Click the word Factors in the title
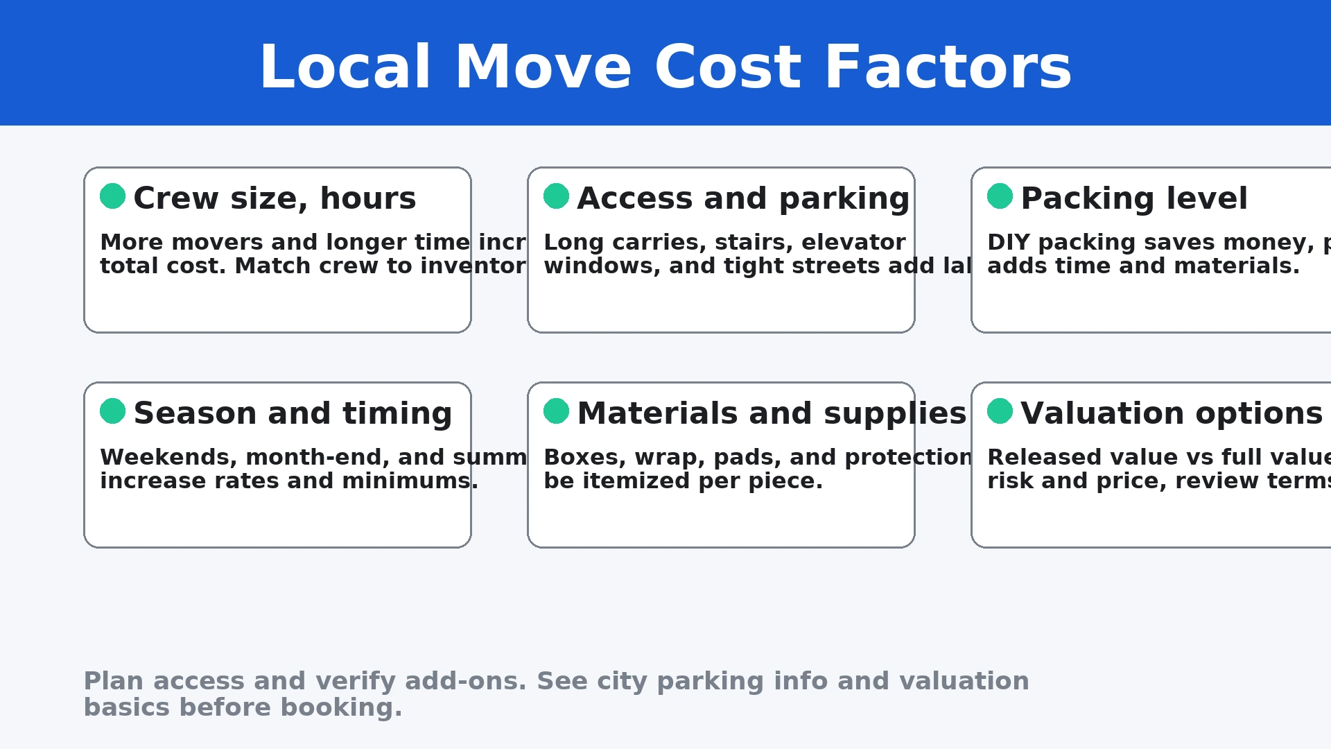pyautogui.click(x=948, y=68)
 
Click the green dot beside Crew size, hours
pyautogui.click(x=112, y=196)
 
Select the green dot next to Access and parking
pyautogui.click(x=556, y=196)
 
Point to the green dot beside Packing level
pyautogui.click(x=1000, y=196)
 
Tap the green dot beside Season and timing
pyautogui.click(x=112, y=411)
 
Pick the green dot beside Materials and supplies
pyautogui.click(x=556, y=411)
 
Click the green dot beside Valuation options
pyautogui.click(x=1000, y=411)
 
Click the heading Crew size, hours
pyautogui.click(x=275, y=199)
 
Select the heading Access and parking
pyautogui.click(x=743, y=199)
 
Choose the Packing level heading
pyautogui.click(x=1134, y=199)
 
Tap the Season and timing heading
pyautogui.click(x=293, y=414)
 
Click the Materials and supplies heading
pyautogui.click(x=772, y=414)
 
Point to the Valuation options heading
pyautogui.click(x=1172, y=414)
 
